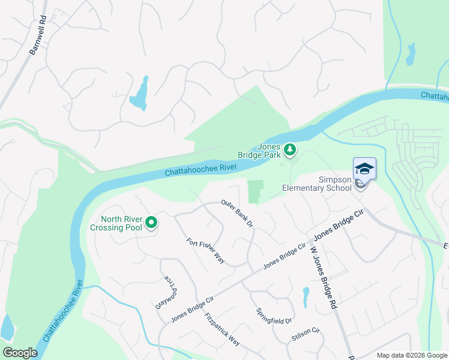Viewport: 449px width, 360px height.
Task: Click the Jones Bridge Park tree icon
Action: pyautogui.click(x=290, y=149)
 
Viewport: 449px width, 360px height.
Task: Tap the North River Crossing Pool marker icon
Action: pyautogui.click(x=151, y=223)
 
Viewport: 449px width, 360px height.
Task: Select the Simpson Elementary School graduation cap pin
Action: pyautogui.click(x=364, y=169)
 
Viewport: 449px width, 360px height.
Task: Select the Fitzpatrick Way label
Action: pyautogui.click(x=222, y=329)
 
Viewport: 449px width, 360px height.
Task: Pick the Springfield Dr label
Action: pyautogui.click(x=274, y=321)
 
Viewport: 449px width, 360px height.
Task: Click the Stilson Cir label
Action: pyautogui.click(x=306, y=334)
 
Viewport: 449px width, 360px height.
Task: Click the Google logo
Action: pyautogui.click(x=20, y=353)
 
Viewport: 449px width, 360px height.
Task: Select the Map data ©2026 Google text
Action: pyautogui.click(x=411, y=355)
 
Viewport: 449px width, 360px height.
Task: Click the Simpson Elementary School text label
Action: pyautogui.click(x=317, y=184)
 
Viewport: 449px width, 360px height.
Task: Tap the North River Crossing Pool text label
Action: pyautogui.click(x=116, y=223)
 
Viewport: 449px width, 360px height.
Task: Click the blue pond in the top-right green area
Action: pyautogui.click(x=411, y=54)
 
